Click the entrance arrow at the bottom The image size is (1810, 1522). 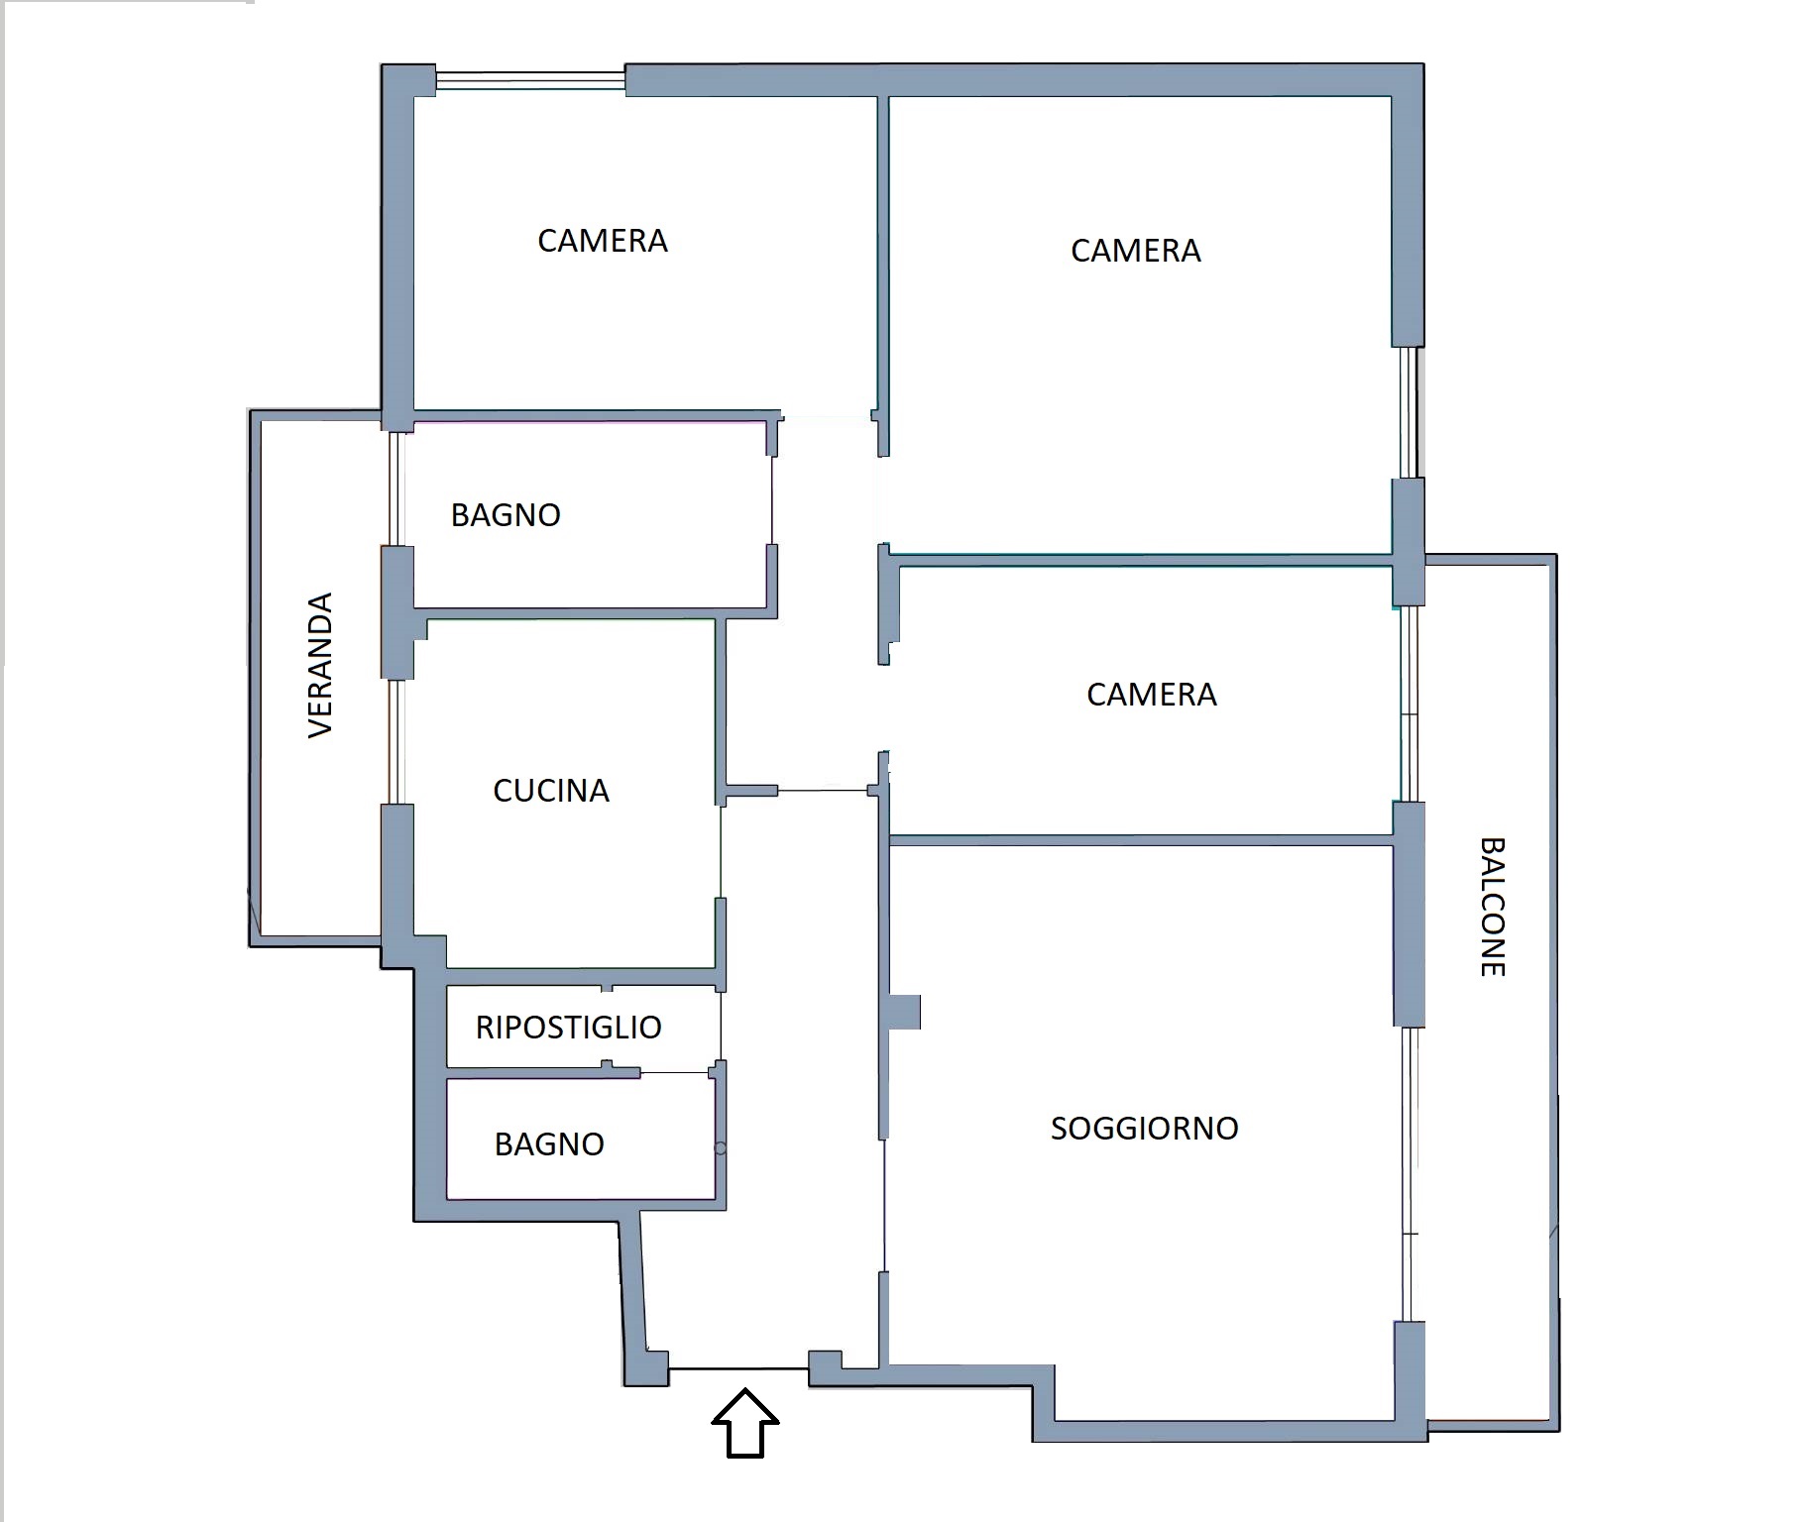pyautogui.click(x=745, y=1424)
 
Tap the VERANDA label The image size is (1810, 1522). pyautogui.click(x=320, y=665)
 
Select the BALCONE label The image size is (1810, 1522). pyautogui.click(x=1492, y=907)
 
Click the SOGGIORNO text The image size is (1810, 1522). pyautogui.click(x=1144, y=1129)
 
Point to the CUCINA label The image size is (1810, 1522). pyautogui.click(x=551, y=791)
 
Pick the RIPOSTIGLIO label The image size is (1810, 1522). pyautogui.click(x=568, y=1028)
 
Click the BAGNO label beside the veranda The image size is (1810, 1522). pyautogui.click(x=506, y=515)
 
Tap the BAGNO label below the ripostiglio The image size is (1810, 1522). pyautogui.click(x=549, y=1144)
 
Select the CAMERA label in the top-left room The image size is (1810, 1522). pyautogui.click(x=603, y=241)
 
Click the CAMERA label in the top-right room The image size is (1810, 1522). pyautogui.click(x=1136, y=251)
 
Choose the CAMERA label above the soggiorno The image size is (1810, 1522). pyautogui.click(x=1152, y=695)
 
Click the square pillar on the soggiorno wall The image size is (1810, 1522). pyautogui.click(x=904, y=1013)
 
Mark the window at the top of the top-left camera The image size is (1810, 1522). pyautogui.click(x=530, y=80)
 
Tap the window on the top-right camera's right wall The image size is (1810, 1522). pyautogui.click(x=1409, y=413)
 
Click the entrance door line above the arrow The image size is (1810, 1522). pyautogui.click(x=738, y=1368)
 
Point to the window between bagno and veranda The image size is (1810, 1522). pyautogui.click(x=395, y=489)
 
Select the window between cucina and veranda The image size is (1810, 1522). pyautogui.click(x=395, y=741)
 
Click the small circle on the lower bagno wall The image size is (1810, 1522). pyautogui.click(x=721, y=1148)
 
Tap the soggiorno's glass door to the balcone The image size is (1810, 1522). pyautogui.click(x=1411, y=1174)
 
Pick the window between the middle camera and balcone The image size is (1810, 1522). pyautogui.click(x=1409, y=704)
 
